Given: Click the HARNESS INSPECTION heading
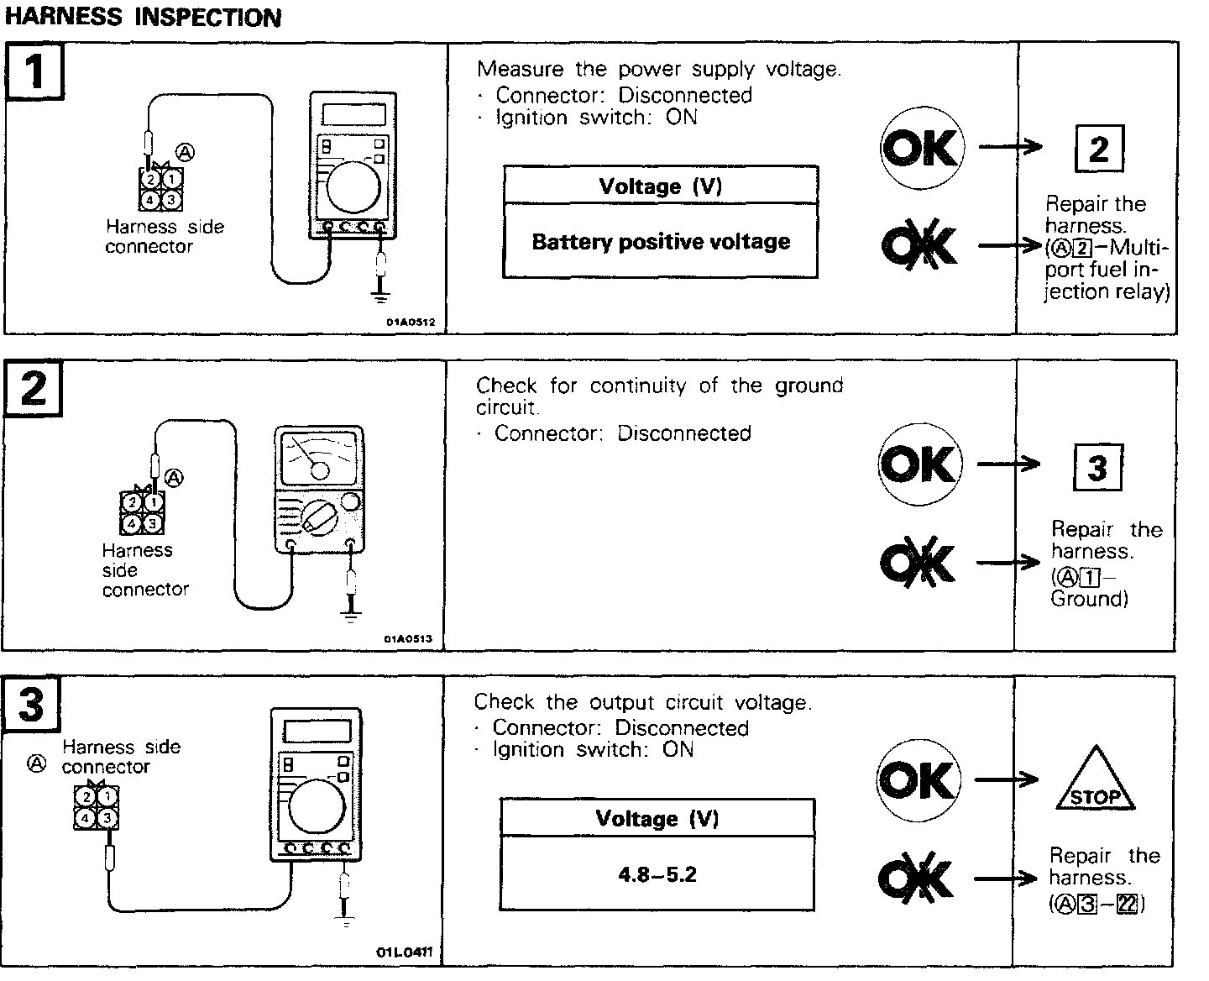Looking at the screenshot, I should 143,17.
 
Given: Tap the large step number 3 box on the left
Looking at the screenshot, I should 31,703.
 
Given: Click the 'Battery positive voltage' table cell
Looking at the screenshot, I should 661,242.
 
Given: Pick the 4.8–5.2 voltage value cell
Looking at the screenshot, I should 657,874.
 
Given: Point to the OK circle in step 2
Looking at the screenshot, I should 919,464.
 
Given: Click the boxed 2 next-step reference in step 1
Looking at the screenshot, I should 1098,149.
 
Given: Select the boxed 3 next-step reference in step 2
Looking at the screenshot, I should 1096,466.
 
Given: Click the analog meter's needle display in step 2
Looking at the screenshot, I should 319,457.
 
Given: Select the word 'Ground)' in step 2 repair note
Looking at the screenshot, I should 1090,598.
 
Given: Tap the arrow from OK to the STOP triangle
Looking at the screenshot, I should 1007,780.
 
